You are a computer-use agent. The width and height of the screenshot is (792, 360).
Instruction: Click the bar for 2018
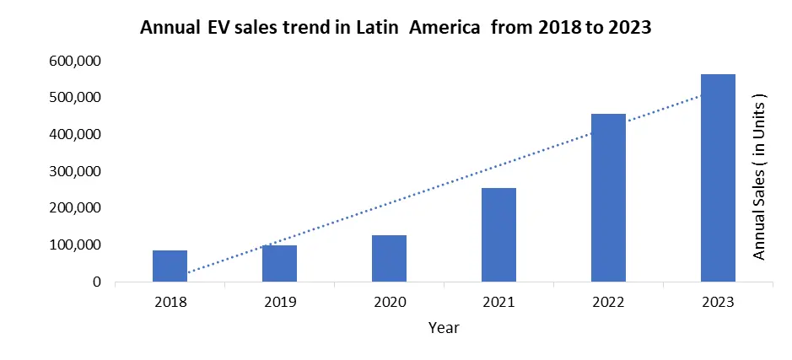click(x=170, y=266)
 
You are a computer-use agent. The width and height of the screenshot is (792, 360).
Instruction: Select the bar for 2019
click(x=279, y=263)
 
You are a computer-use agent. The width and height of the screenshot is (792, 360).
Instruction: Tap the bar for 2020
click(x=389, y=258)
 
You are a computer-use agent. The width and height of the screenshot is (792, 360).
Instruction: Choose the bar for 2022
click(x=608, y=197)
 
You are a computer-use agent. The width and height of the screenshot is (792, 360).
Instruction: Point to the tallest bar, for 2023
click(x=718, y=178)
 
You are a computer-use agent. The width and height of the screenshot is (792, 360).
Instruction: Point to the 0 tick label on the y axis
click(x=98, y=282)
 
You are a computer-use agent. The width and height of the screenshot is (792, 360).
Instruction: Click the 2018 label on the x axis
click(x=170, y=301)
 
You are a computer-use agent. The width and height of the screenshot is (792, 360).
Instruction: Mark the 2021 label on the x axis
click(x=498, y=301)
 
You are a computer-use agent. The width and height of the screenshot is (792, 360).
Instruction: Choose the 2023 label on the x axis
click(x=718, y=301)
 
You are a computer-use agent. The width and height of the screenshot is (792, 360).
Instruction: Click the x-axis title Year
click(x=444, y=326)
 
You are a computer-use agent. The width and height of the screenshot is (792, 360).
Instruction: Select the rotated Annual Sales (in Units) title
click(x=758, y=177)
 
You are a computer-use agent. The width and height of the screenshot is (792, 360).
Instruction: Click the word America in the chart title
click(x=448, y=27)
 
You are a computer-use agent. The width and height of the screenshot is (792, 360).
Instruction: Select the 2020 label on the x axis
click(x=389, y=301)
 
